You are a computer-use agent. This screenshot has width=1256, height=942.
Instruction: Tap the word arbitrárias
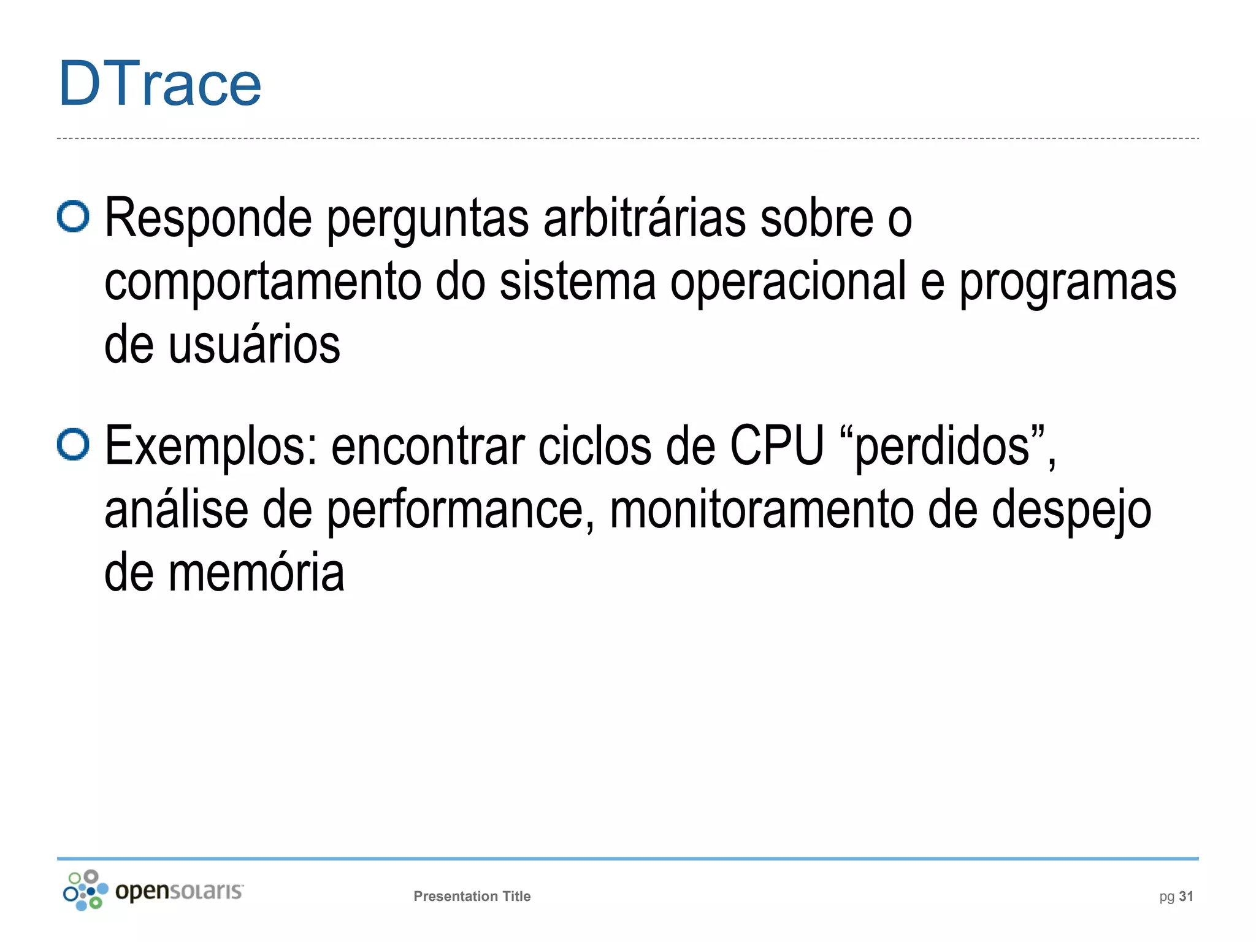[645, 218]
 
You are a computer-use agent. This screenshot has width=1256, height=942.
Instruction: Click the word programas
[1068, 283]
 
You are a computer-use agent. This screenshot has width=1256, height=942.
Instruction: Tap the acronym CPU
[777, 446]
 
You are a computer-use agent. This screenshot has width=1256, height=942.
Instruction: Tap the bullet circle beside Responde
[73, 216]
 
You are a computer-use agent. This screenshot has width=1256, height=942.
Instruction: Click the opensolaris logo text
[179, 890]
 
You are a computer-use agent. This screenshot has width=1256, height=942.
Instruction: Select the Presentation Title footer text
[472, 896]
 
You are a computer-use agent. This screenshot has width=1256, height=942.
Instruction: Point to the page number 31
[1186, 896]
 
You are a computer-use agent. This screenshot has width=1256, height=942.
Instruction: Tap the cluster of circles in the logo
[85, 890]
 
